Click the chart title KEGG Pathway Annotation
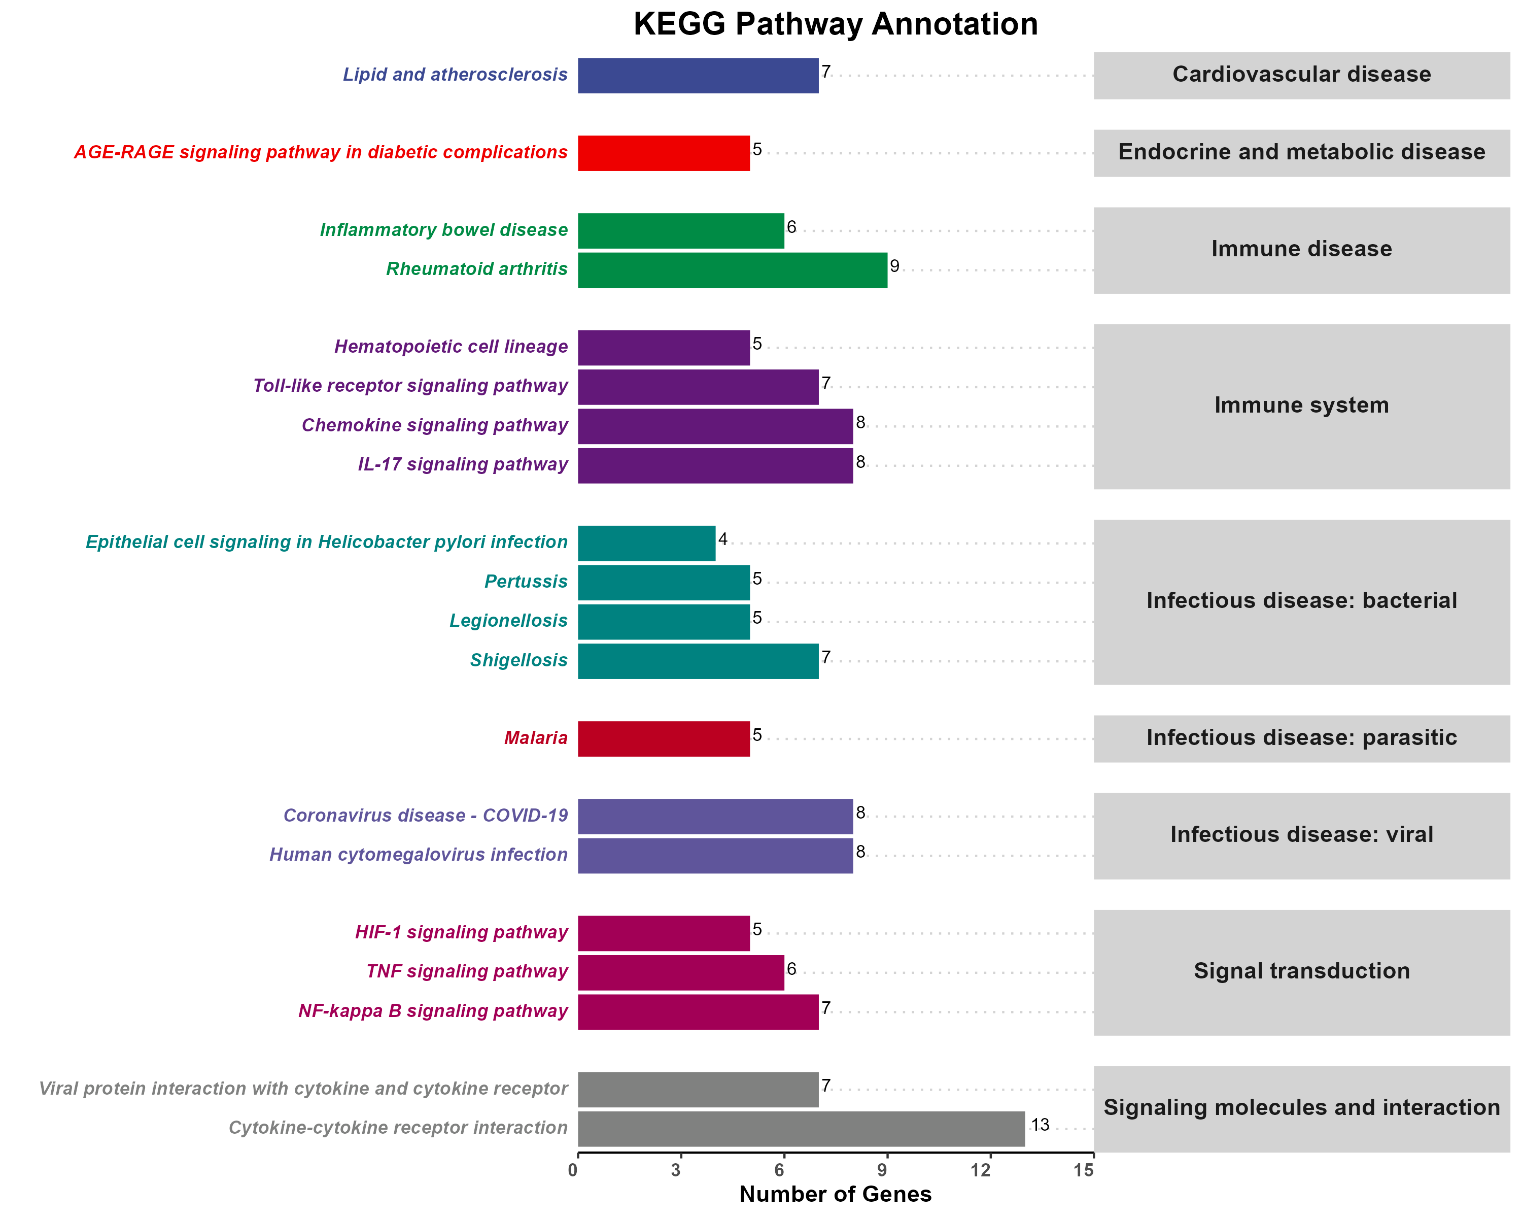(x=835, y=24)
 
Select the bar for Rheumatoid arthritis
(x=732, y=269)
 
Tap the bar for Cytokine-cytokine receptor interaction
(x=801, y=1128)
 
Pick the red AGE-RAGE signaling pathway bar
(x=664, y=153)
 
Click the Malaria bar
(x=664, y=738)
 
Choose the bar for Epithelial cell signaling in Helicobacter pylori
(x=646, y=543)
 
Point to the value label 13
(x=1040, y=1125)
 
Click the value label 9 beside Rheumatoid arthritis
(x=894, y=266)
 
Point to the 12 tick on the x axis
(x=981, y=1171)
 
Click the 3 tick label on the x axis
(x=676, y=1171)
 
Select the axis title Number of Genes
(x=835, y=1194)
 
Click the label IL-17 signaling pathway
(x=462, y=464)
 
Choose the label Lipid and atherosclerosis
(x=455, y=75)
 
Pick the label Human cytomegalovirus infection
(x=418, y=855)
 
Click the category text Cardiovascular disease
(x=1301, y=74)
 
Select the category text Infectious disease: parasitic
(x=1301, y=738)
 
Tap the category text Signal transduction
(x=1301, y=971)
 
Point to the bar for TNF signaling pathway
(x=680, y=972)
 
